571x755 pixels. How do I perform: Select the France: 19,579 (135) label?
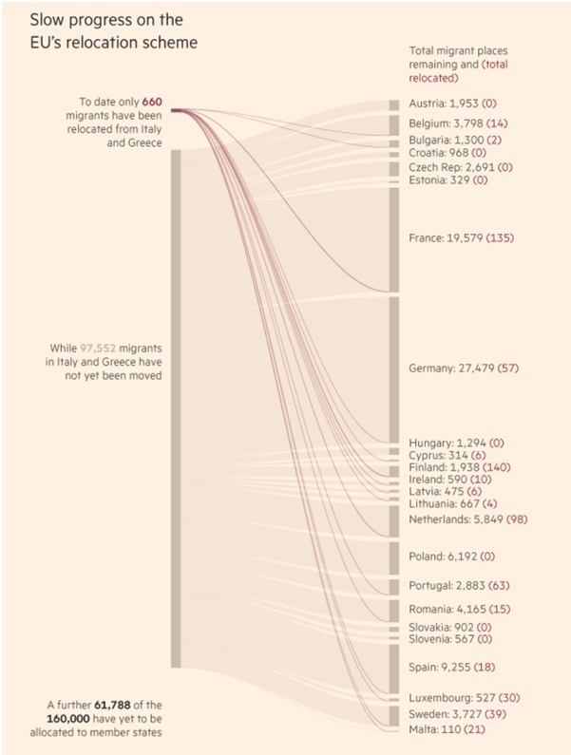point(461,237)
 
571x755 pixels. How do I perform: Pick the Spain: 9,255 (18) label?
point(452,669)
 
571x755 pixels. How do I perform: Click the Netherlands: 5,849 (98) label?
point(467,519)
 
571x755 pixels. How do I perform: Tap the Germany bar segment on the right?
point(394,368)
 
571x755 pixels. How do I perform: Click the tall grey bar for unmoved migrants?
point(176,408)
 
